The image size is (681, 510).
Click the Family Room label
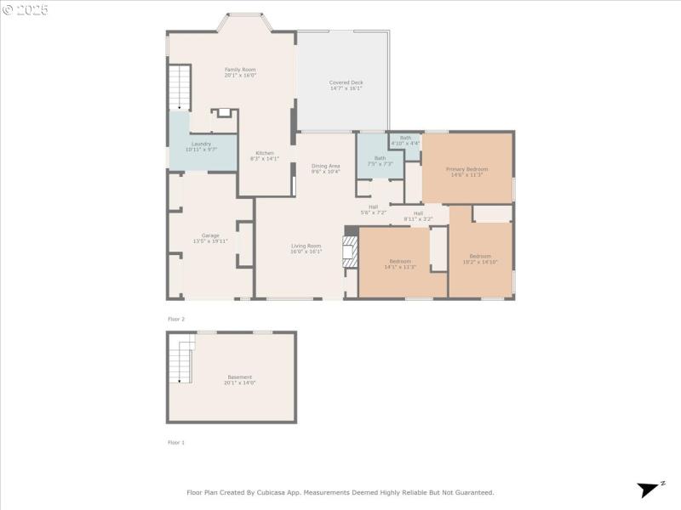240,72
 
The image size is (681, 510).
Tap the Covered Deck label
346,85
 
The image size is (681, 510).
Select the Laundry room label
201,146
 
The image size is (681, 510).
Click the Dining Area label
325,168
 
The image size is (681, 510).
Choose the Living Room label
306,248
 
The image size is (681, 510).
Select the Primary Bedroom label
466,172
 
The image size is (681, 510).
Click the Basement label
239,380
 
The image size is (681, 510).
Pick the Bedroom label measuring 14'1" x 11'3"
401,263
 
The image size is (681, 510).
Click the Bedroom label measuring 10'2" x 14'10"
480,258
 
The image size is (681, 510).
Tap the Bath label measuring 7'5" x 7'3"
380,160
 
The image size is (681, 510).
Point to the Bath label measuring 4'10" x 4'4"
405,140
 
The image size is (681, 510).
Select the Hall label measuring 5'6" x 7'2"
373,209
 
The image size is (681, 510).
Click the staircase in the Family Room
179,88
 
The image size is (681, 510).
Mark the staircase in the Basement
180,362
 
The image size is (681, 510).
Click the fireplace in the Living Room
349,252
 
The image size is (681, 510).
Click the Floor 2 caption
176,319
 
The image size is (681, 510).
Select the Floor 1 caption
176,442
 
